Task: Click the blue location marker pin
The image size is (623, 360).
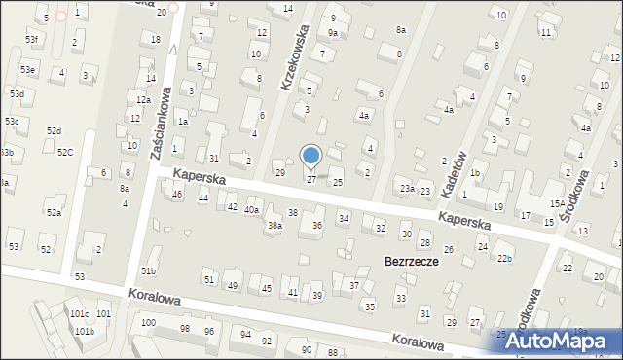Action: pos(311,157)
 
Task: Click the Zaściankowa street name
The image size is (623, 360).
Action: pos(160,124)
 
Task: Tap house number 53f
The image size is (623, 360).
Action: pos(32,40)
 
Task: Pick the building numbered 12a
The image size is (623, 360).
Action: pos(142,100)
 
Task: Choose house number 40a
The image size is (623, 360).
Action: pos(252,210)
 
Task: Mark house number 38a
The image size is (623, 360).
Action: pos(275,226)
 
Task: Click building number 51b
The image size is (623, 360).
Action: pos(148,270)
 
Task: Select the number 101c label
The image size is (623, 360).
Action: pos(79,314)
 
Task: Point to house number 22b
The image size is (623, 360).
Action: pos(503,258)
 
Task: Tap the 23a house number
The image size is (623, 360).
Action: pos(407,189)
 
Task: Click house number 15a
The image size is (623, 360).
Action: pos(556,203)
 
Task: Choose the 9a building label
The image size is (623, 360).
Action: pos(333,33)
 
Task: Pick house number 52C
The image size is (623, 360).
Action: pos(65,152)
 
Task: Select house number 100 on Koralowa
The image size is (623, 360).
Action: pos(148,322)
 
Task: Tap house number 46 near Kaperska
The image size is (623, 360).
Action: pos(177,195)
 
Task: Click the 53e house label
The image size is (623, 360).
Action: pos(28,70)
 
